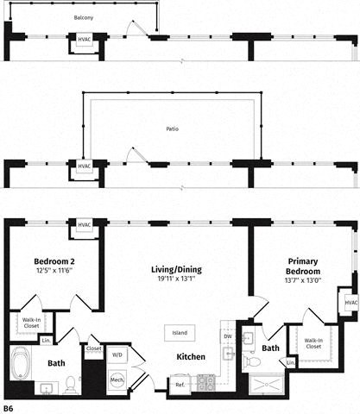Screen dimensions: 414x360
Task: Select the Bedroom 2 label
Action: [x=53, y=261]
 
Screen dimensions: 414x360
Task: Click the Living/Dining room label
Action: [x=176, y=269]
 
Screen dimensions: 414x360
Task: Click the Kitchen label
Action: [x=191, y=356]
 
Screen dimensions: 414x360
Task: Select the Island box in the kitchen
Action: [x=180, y=332]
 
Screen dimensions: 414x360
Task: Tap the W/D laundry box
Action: [x=117, y=354]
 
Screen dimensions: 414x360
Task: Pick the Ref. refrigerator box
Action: [x=179, y=385]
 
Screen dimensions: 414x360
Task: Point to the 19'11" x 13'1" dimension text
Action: [x=176, y=280]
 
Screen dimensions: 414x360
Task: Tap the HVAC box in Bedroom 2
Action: [x=84, y=226]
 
